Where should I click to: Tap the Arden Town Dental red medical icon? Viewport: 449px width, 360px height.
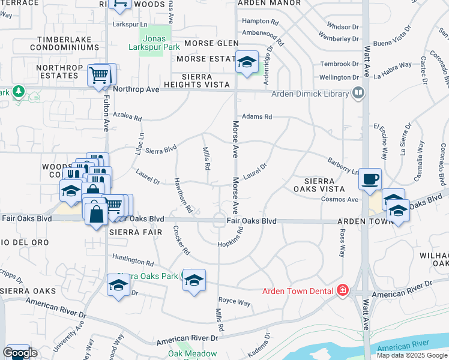pos(342,290)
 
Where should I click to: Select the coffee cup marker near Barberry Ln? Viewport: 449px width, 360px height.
pos(370,179)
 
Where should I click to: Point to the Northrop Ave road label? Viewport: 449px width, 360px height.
pos(135,89)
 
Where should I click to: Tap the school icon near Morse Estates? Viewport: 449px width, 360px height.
pos(246,62)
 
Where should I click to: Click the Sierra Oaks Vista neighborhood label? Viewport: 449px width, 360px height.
pos(324,184)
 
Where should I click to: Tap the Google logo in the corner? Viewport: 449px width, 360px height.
pos(20,353)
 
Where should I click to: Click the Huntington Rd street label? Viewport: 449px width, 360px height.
pos(133,261)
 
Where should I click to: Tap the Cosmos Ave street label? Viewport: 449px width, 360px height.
pos(339,199)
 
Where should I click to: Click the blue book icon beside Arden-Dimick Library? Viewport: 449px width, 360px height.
pos(358,93)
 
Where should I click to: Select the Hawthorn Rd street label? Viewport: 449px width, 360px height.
pos(182,196)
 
